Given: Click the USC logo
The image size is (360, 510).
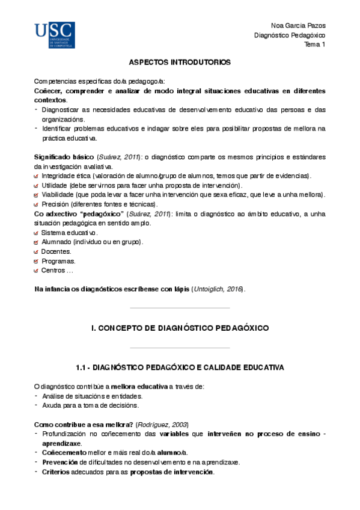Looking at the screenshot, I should (x=55, y=35).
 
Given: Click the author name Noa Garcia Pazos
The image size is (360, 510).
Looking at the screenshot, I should (x=298, y=25).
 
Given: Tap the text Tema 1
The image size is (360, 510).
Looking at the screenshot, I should (x=314, y=45).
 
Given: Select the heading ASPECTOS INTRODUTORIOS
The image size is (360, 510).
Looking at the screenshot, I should (x=180, y=63).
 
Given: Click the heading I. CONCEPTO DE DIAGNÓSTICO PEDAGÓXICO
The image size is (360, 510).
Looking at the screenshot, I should (x=180, y=328).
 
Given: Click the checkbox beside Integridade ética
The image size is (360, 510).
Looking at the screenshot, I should (x=37, y=176).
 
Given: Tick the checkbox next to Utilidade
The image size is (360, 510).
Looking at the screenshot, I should (x=37, y=185).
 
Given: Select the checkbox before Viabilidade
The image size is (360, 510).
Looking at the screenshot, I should (x=37, y=195).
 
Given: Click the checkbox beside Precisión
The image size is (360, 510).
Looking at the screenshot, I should (x=37, y=204).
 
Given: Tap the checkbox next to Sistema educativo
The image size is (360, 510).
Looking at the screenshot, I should (x=37, y=233).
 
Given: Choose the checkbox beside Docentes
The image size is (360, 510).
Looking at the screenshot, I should (x=37, y=252).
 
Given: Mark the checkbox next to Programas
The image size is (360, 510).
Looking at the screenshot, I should (x=37, y=262).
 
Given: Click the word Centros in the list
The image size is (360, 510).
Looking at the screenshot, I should (x=53, y=271).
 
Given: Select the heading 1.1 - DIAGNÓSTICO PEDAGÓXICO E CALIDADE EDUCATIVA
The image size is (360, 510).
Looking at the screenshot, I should (x=180, y=367).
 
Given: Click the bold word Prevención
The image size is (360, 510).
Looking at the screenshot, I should (x=59, y=462).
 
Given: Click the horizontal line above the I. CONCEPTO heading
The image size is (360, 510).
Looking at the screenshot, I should (x=180, y=309).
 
